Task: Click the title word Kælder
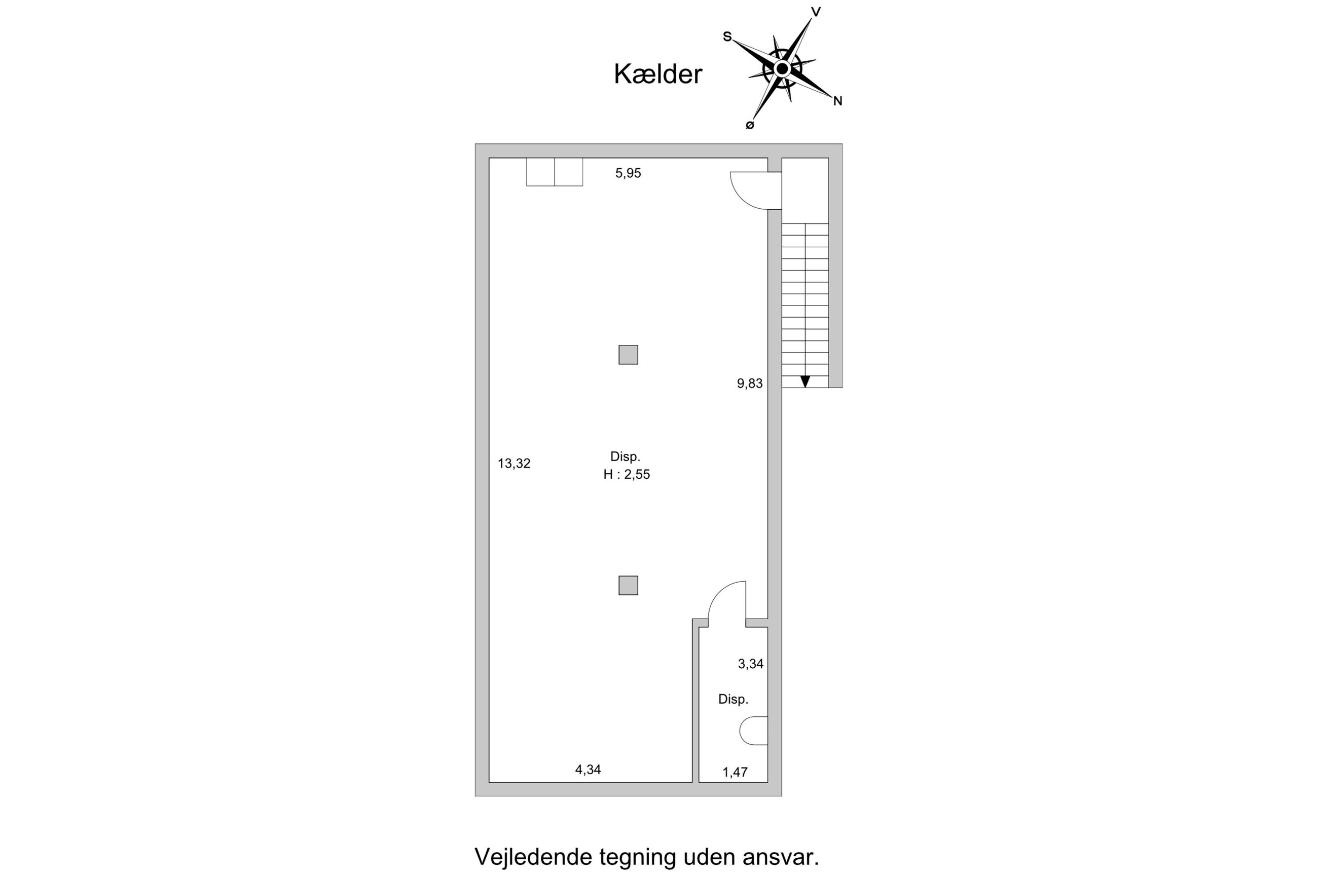point(657,74)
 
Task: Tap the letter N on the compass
point(837,101)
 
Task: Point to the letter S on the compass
point(727,37)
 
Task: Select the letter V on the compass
point(816,12)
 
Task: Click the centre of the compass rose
point(782,69)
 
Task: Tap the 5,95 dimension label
point(628,174)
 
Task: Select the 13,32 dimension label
point(514,464)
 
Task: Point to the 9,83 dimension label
point(749,384)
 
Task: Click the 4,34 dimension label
point(588,770)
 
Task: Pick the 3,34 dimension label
point(751,664)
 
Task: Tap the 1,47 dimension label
point(735,773)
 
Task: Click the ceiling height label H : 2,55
point(626,475)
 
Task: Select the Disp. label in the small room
point(733,699)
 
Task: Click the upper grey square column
point(628,355)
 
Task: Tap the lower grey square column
point(628,586)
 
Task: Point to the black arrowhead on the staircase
point(805,381)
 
